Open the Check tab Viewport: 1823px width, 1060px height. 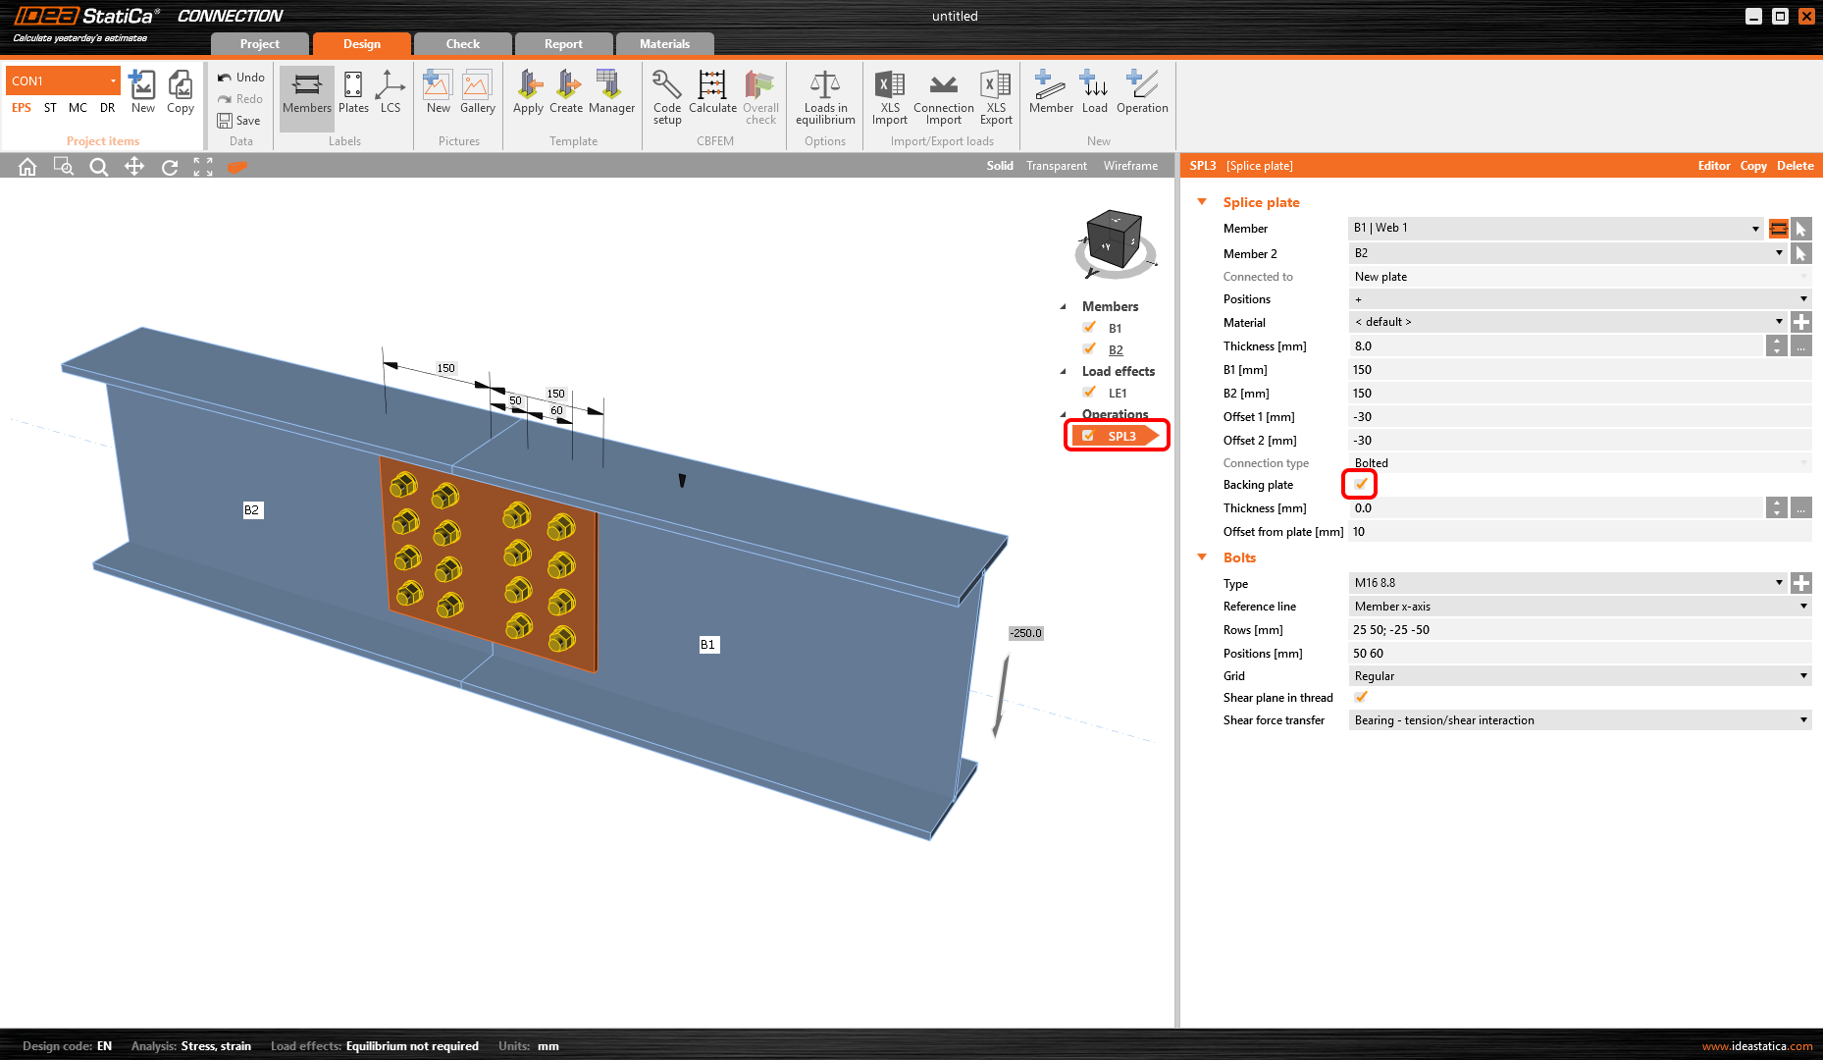point(462,44)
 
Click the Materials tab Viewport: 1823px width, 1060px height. point(664,44)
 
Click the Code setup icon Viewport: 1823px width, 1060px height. point(667,97)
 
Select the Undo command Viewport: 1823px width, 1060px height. point(241,78)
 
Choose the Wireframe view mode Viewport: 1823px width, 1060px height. point(1130,166)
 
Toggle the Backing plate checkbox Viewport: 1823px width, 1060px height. point(1361,484)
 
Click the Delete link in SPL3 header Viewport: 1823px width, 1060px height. point(1795,166)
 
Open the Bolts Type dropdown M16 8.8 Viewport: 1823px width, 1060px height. point(1567,583)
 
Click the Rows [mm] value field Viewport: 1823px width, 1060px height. point(1580,630)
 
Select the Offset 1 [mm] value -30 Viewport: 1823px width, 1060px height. point(1580,417)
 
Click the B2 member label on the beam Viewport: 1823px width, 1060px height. point(252,510)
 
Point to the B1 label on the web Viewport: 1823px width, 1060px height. point(707,645)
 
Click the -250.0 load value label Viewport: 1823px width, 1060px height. point(1026,633)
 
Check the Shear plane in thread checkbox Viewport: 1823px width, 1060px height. point(1361,698)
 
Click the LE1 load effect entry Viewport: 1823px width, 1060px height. point(1118,394)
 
